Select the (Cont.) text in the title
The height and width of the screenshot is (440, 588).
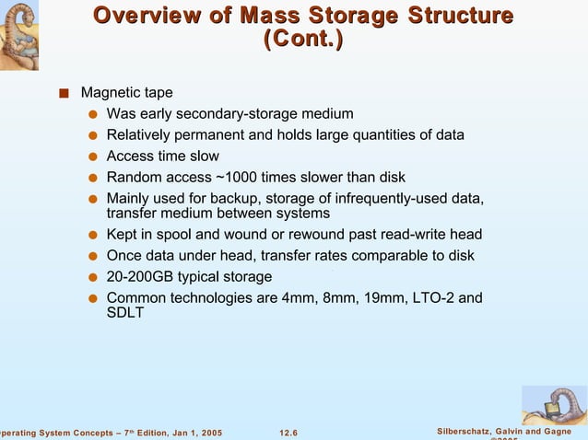(x=302, y=41)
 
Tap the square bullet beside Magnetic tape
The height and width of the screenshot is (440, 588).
(x=62, y=93)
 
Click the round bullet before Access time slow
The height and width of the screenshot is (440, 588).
(x=93, y=156)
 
